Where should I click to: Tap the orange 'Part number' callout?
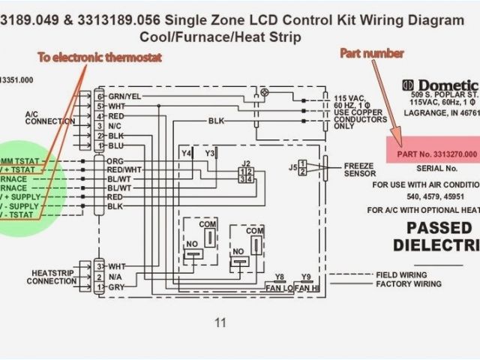tap(372, 53)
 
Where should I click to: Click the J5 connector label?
tap(292, 167)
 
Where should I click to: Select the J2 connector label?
tap(245, 163)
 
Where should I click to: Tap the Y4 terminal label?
tap(186, 154)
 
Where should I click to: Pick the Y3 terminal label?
tap(210, 154)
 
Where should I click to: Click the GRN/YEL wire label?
tap(124, 97)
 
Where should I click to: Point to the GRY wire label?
tap(116, 287)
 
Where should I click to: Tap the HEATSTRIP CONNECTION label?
tap(52, 277)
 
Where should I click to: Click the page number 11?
tap(220, 323)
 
